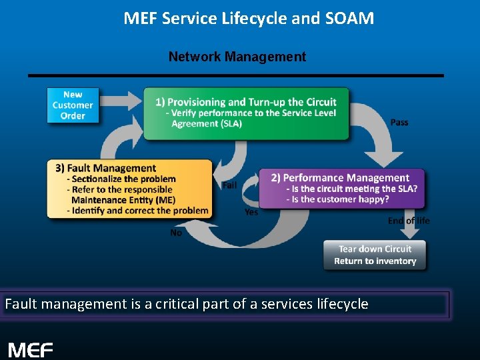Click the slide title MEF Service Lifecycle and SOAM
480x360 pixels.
pos(249,18)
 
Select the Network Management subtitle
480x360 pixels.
pos(237,57)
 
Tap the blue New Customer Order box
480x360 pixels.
pos(73,105)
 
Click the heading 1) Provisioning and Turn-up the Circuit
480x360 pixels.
pos(245,102)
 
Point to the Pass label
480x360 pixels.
pos(399,122)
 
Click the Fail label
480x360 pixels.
pos(229,185)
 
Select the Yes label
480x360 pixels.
pos(251,212)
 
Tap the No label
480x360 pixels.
pos(176,233)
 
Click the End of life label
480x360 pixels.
pos(409,221)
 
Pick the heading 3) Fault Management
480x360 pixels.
pos(106,168)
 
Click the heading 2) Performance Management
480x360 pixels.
pos(340,177)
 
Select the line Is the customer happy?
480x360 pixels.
pos(337,199)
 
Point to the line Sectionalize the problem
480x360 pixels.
pos(121,179)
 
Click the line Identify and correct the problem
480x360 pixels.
pos(137,211)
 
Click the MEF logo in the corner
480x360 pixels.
pos(31,349)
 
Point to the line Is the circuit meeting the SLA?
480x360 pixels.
pos(351,189)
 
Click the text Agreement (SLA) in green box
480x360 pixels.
pos(206,124)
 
